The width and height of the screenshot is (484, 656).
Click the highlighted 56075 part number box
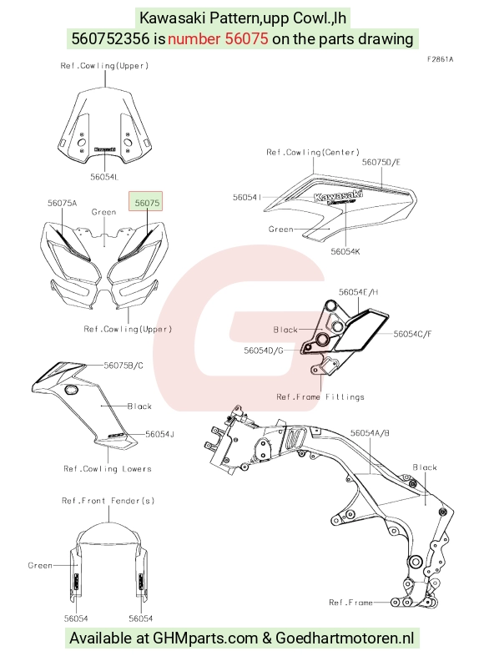pos(145,202)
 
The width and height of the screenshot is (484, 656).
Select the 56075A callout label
pos(63,204)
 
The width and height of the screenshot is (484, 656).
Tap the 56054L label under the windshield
pos(104,177)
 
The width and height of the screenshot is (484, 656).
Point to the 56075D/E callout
pos(381,162)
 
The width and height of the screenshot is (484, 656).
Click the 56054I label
pos(247,197)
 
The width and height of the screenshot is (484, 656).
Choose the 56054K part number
pos(345,251)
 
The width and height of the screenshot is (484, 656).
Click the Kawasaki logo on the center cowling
pos(338,196)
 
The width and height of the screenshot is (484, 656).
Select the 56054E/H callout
pos(359,292)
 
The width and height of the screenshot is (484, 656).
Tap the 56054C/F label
pos(412,334)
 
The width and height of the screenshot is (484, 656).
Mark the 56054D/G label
pos(264,351)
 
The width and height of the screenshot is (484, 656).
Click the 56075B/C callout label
pos(124,366)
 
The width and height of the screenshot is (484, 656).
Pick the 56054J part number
pos(159,434)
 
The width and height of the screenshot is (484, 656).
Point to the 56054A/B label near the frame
pos(370,433)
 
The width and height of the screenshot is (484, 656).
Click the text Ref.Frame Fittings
pos(320,397)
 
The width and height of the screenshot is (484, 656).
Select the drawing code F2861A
pos(440,59)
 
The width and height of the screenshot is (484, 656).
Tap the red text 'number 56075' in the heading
pos(218,38)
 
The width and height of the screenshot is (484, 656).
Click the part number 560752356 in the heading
pos(110,38)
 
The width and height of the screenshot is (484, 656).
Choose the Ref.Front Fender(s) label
pos(108,501)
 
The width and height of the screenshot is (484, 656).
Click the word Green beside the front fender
pos(40,566)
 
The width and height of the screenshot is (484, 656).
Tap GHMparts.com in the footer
pos(205,638)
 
